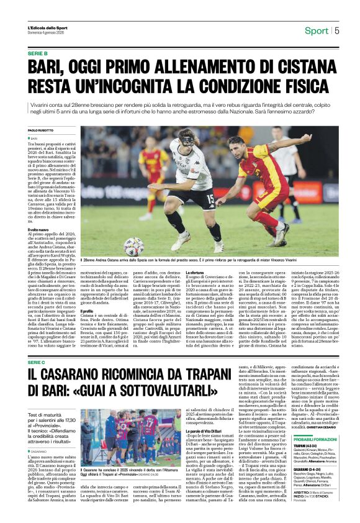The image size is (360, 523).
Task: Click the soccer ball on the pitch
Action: pos(133,247)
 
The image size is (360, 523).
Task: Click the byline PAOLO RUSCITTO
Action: pos(41,130)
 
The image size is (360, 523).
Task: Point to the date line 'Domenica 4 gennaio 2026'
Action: pos(45,33)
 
